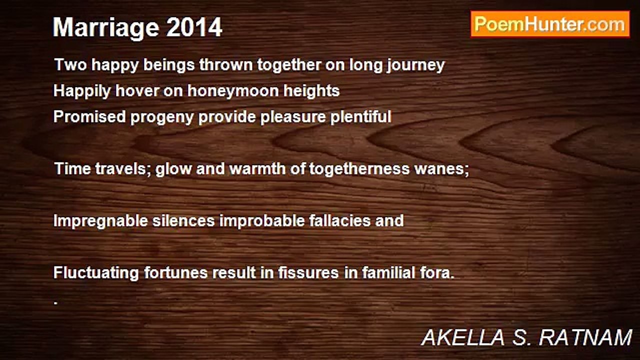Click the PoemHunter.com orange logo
coord(550,24)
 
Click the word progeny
coord(162,117)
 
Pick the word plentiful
coord(361,116)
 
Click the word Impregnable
coord(100,221)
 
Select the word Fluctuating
coord(96,273)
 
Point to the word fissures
coord(308,272)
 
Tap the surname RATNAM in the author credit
coord(585,338)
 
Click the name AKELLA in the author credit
coord(463,338)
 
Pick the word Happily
coord(82,91)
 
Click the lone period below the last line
coord(55,303)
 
